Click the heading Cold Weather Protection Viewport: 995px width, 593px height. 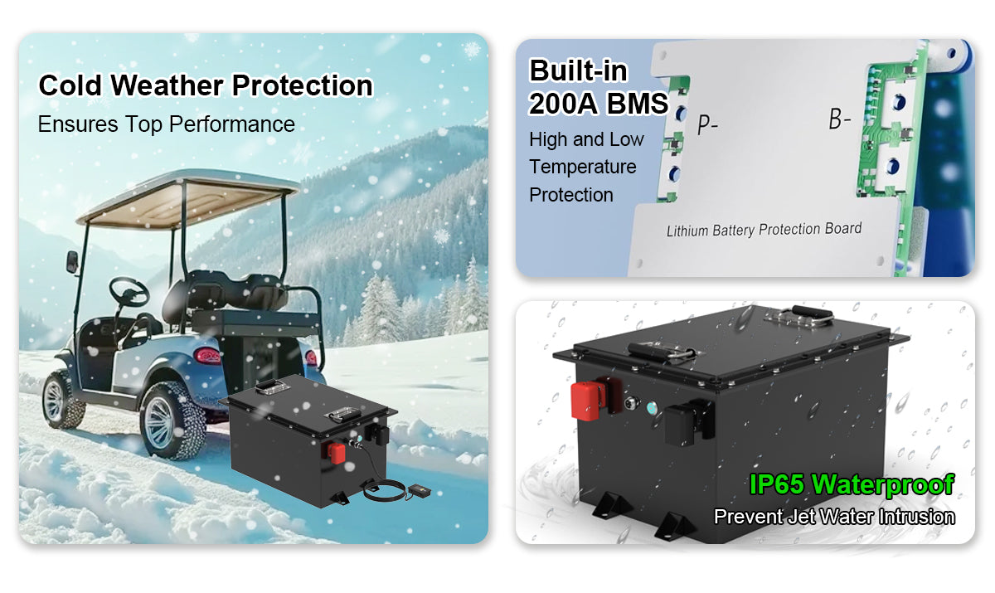pyautogui.click(x=206, y=85)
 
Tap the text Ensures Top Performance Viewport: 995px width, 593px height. pyautogui.click(x=167, y=124)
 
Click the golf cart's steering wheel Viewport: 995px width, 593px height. pyautogui.click(x=129, y=289)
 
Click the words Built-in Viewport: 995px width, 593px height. pyautogui.click(x=579, y=71)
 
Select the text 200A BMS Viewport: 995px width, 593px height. pyautogui.click(x=599, y=104)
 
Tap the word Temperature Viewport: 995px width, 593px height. pyautogui.click(x=583, y=167)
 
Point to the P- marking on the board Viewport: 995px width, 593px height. pyautogui.click(x=707, y=124)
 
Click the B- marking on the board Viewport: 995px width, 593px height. pyautogui.click(x=839, y=120)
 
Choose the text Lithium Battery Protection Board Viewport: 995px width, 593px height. pyautogui.click(x=764, y=230)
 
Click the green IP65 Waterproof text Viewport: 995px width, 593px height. pyautogui.click(x=852, y=484)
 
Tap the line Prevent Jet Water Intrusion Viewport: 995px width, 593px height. pyautogui.click(x=834, y=517)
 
